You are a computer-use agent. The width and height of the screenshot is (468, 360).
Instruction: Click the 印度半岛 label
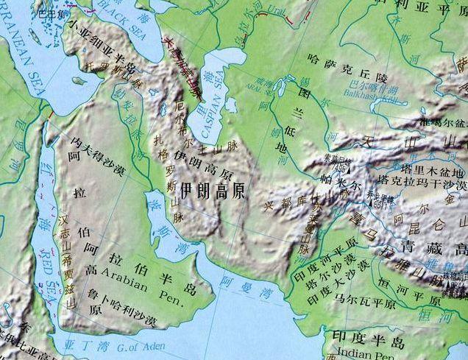(x=368, y=340)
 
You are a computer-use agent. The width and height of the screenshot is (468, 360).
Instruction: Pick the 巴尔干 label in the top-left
(x=52, y=13)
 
